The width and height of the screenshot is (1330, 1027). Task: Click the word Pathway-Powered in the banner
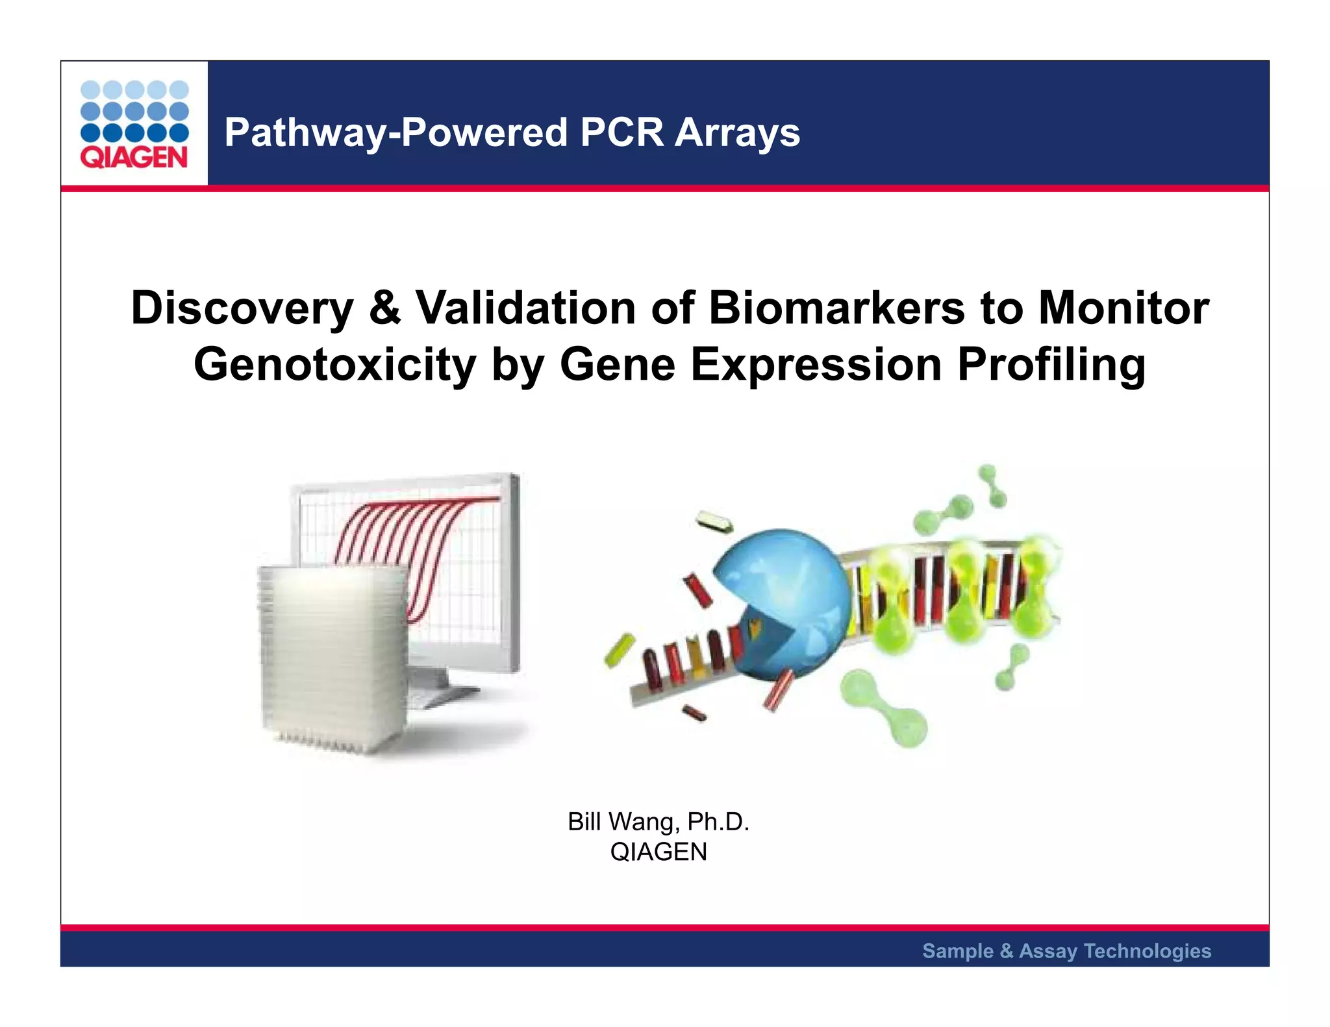(396, 132)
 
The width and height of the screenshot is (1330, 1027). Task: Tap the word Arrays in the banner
(737, 132)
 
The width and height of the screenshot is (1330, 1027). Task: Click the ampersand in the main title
(384, 308)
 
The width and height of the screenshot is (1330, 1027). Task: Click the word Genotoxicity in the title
(335, 364)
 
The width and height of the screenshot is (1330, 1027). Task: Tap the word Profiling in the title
(1051, 364)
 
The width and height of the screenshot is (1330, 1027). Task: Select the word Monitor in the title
(1123, 308)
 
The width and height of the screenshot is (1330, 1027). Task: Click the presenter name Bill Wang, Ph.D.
(658, 822)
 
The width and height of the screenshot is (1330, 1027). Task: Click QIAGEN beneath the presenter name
(658, 852)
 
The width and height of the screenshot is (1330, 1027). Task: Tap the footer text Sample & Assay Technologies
(1066, 950)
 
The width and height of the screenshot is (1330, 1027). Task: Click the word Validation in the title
(525, 308)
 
